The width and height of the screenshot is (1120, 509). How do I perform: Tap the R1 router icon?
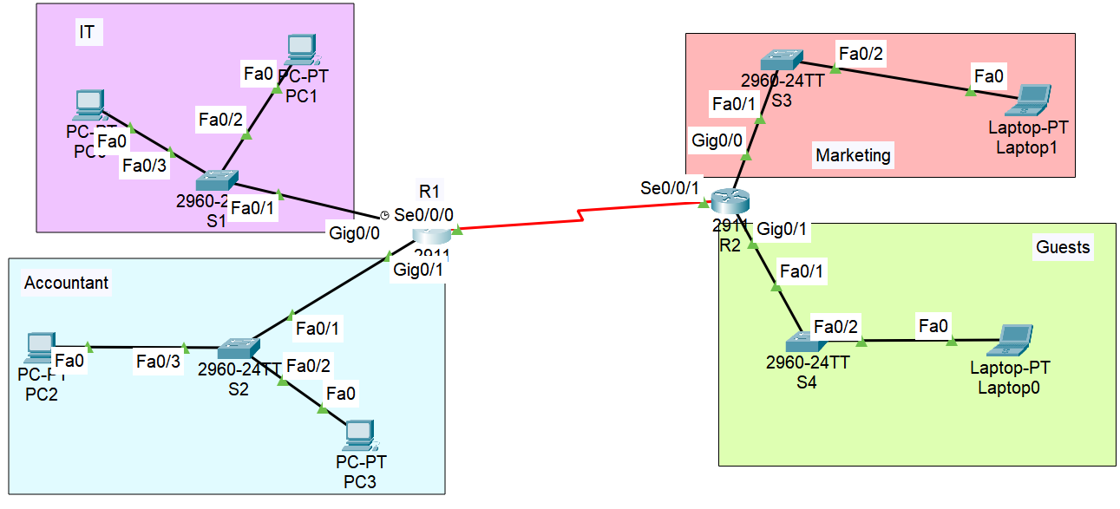(x=431, y=235)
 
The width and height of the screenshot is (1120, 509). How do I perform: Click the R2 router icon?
(x=729, y=203)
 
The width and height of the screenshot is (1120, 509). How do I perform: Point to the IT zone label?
(x=87, y=33)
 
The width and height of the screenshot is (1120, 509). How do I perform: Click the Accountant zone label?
(x=66, y=283)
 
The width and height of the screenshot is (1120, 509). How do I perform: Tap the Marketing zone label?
(x=853, y=155)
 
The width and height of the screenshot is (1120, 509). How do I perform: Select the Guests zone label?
(x=1062, y=247)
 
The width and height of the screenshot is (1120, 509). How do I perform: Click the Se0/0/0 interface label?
(x=424, y=213)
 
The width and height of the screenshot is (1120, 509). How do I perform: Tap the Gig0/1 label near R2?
(x=783, y=230)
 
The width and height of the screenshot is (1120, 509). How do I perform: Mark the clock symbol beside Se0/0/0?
(x=385, y=214)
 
